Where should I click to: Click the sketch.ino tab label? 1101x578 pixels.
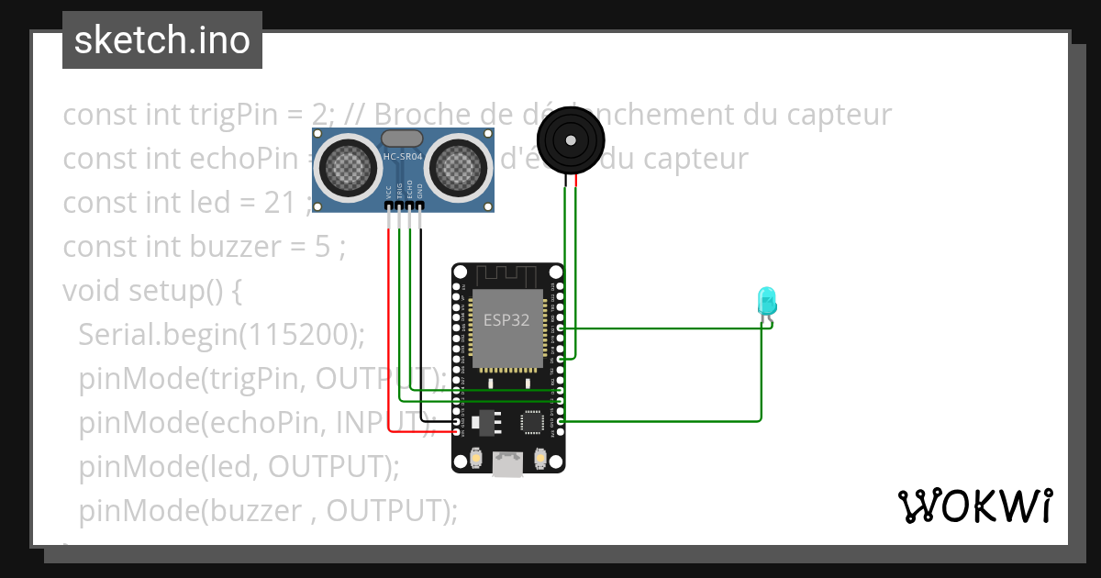click(161, 40)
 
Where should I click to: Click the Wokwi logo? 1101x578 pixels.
click(974, 506)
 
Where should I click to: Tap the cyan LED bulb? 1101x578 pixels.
click(766, 300)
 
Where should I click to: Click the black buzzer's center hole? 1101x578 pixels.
click(571, 140)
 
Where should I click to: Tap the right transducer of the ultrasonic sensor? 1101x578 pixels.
click(457, 165)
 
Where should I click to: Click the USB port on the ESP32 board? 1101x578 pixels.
click(507, 464)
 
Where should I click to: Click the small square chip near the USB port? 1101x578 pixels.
click(532, 422)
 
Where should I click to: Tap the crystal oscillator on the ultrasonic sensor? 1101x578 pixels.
click(402, 138)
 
